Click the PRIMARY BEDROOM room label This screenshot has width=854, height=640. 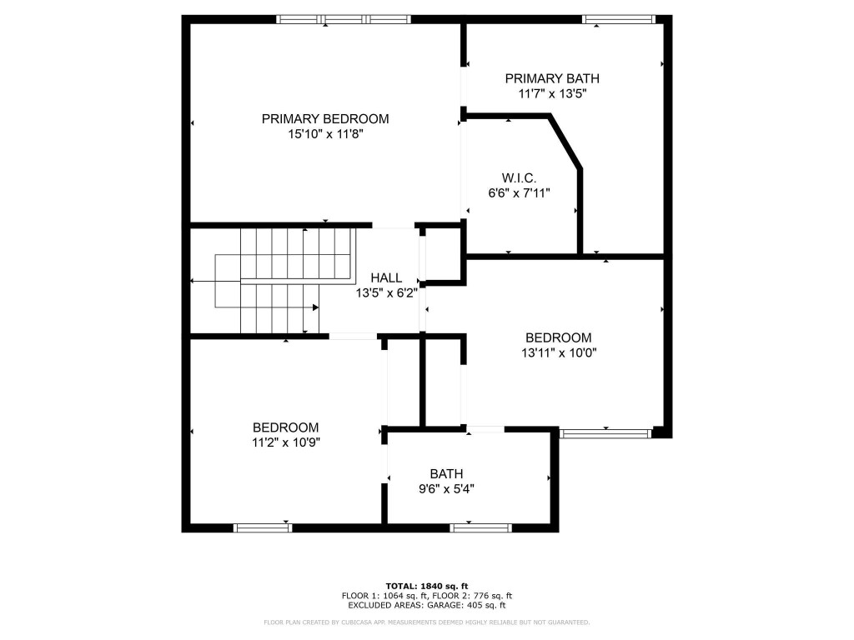[325, 118]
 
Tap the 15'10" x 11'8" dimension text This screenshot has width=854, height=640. [325, 134]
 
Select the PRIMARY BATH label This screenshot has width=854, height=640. [552, 78]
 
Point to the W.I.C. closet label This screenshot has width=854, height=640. [519, 178]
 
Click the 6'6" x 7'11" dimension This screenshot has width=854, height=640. [519, 192]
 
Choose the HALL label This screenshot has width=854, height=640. [387, 277]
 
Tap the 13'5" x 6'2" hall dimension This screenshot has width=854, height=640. [387, 292]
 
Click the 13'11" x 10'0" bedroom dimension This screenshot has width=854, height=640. [559, 352]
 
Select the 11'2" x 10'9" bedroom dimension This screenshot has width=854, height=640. [286, 442]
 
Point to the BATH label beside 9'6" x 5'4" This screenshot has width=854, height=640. [447, 473]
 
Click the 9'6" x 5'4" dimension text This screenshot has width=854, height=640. [447, 488]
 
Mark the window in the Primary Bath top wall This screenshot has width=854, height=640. [619, 20]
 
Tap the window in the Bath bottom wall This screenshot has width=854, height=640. [481, 527]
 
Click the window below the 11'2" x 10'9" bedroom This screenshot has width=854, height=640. [263, 527]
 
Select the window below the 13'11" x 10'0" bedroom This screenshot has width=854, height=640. [605, 433]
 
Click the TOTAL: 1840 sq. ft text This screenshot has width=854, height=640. [427, 586]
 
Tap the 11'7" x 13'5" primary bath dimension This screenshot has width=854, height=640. [552, 93]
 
